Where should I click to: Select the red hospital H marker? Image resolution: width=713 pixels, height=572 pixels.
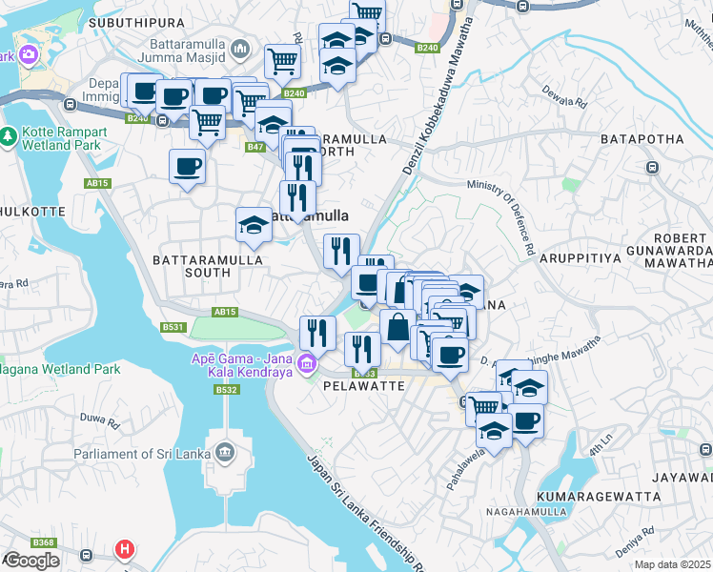pos(124,550)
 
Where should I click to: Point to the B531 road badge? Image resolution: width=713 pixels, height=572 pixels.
pos(173,327)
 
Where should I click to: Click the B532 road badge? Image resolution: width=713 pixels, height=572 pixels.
pos(226,390)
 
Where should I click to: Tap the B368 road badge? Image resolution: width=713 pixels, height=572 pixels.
pos(43,542)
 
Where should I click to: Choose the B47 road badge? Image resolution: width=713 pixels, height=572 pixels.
pos(255,147)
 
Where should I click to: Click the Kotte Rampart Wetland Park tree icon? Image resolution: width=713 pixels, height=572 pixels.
pos(10,138)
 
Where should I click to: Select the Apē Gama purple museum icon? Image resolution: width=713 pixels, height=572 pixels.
pos(306,363)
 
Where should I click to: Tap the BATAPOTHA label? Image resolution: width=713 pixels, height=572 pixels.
pos(642,139)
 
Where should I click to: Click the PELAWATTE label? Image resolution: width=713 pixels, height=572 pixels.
pos(365,387)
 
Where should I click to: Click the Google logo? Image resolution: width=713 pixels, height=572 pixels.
pos(31,560)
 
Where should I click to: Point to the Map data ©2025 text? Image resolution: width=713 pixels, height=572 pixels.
pos(673,564)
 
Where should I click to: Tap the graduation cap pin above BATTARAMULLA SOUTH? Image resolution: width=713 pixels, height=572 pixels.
pos(254,225)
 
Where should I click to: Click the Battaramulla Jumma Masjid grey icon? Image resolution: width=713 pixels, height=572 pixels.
pos(240,48)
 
